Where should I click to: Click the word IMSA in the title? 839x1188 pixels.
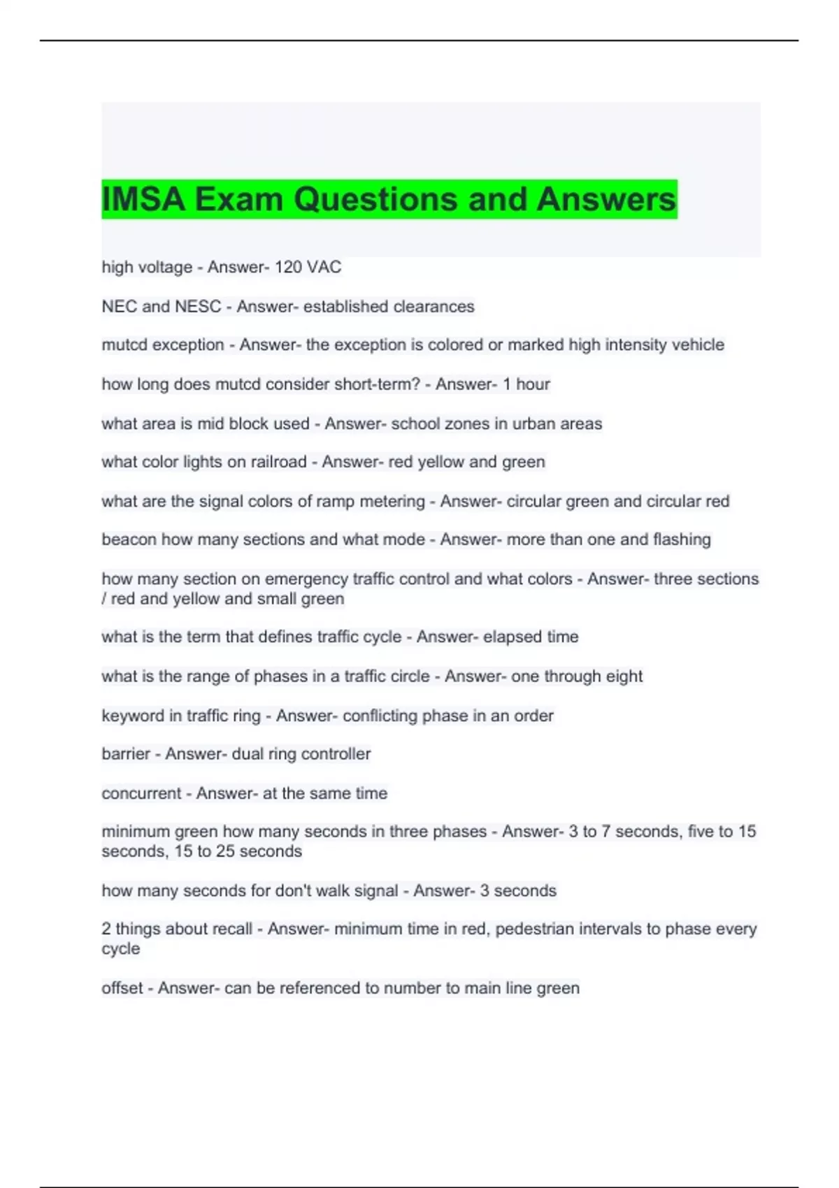coord(143,199)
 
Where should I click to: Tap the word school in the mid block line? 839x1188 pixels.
coord(415,423)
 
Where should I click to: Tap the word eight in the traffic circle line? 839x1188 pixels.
coord(624,676)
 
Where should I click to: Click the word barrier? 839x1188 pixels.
coord(126,754)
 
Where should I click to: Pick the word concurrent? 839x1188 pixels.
coord(141,793)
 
